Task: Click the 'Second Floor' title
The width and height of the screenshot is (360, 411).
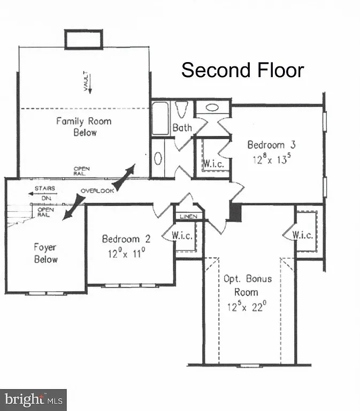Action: coord(242,70)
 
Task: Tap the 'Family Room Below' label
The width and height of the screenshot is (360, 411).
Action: coord(84,126)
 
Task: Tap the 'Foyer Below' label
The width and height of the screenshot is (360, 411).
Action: coord(45,253)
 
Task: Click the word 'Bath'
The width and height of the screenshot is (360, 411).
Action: coord(182,128)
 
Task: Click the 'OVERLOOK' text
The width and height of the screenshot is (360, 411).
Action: coord(97,191)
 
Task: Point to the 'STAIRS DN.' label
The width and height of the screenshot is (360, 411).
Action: coord(45,192)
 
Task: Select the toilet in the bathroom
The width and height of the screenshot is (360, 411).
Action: coord(181,110)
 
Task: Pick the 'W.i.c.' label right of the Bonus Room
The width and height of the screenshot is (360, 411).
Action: coord(303,234)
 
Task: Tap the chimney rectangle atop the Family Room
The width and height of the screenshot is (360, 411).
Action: coord(83,40)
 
